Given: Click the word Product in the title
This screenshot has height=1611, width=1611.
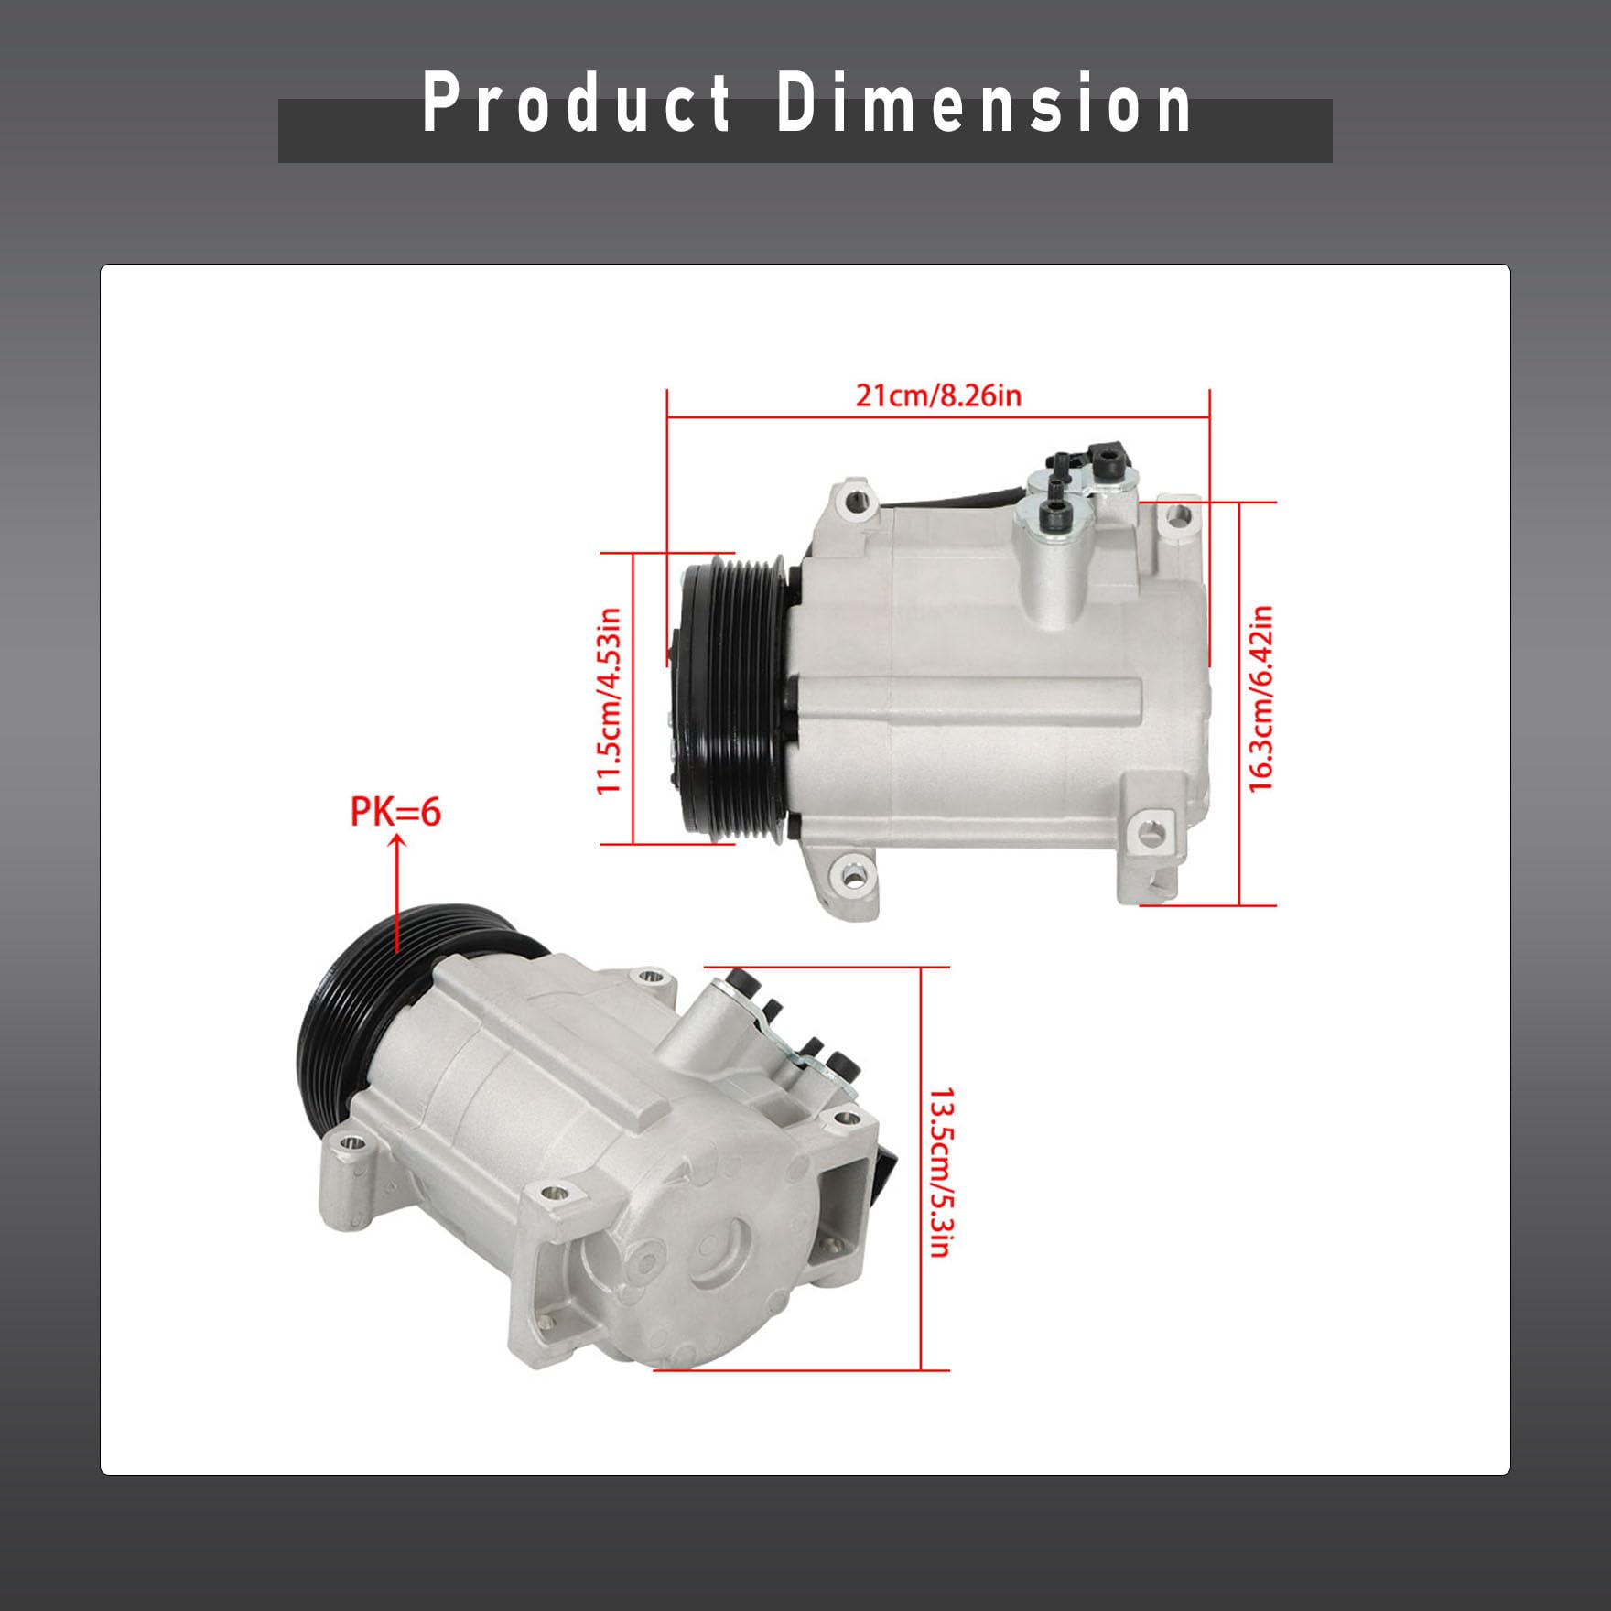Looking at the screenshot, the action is [577, 103].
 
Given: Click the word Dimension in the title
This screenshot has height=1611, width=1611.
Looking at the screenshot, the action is [984, 103].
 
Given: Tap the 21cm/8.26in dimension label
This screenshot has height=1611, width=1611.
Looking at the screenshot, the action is [938, 395].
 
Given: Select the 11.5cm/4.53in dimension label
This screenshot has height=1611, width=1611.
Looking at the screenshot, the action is [610, 700].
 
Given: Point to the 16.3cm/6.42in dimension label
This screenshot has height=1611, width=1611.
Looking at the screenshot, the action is [1260, 698].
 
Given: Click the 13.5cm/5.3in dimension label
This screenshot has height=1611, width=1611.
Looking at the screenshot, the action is [942, 1173].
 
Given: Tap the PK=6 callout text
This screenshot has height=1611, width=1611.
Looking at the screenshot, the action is [395, 812].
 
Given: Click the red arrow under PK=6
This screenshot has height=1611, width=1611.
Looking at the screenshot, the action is [397, 892].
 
